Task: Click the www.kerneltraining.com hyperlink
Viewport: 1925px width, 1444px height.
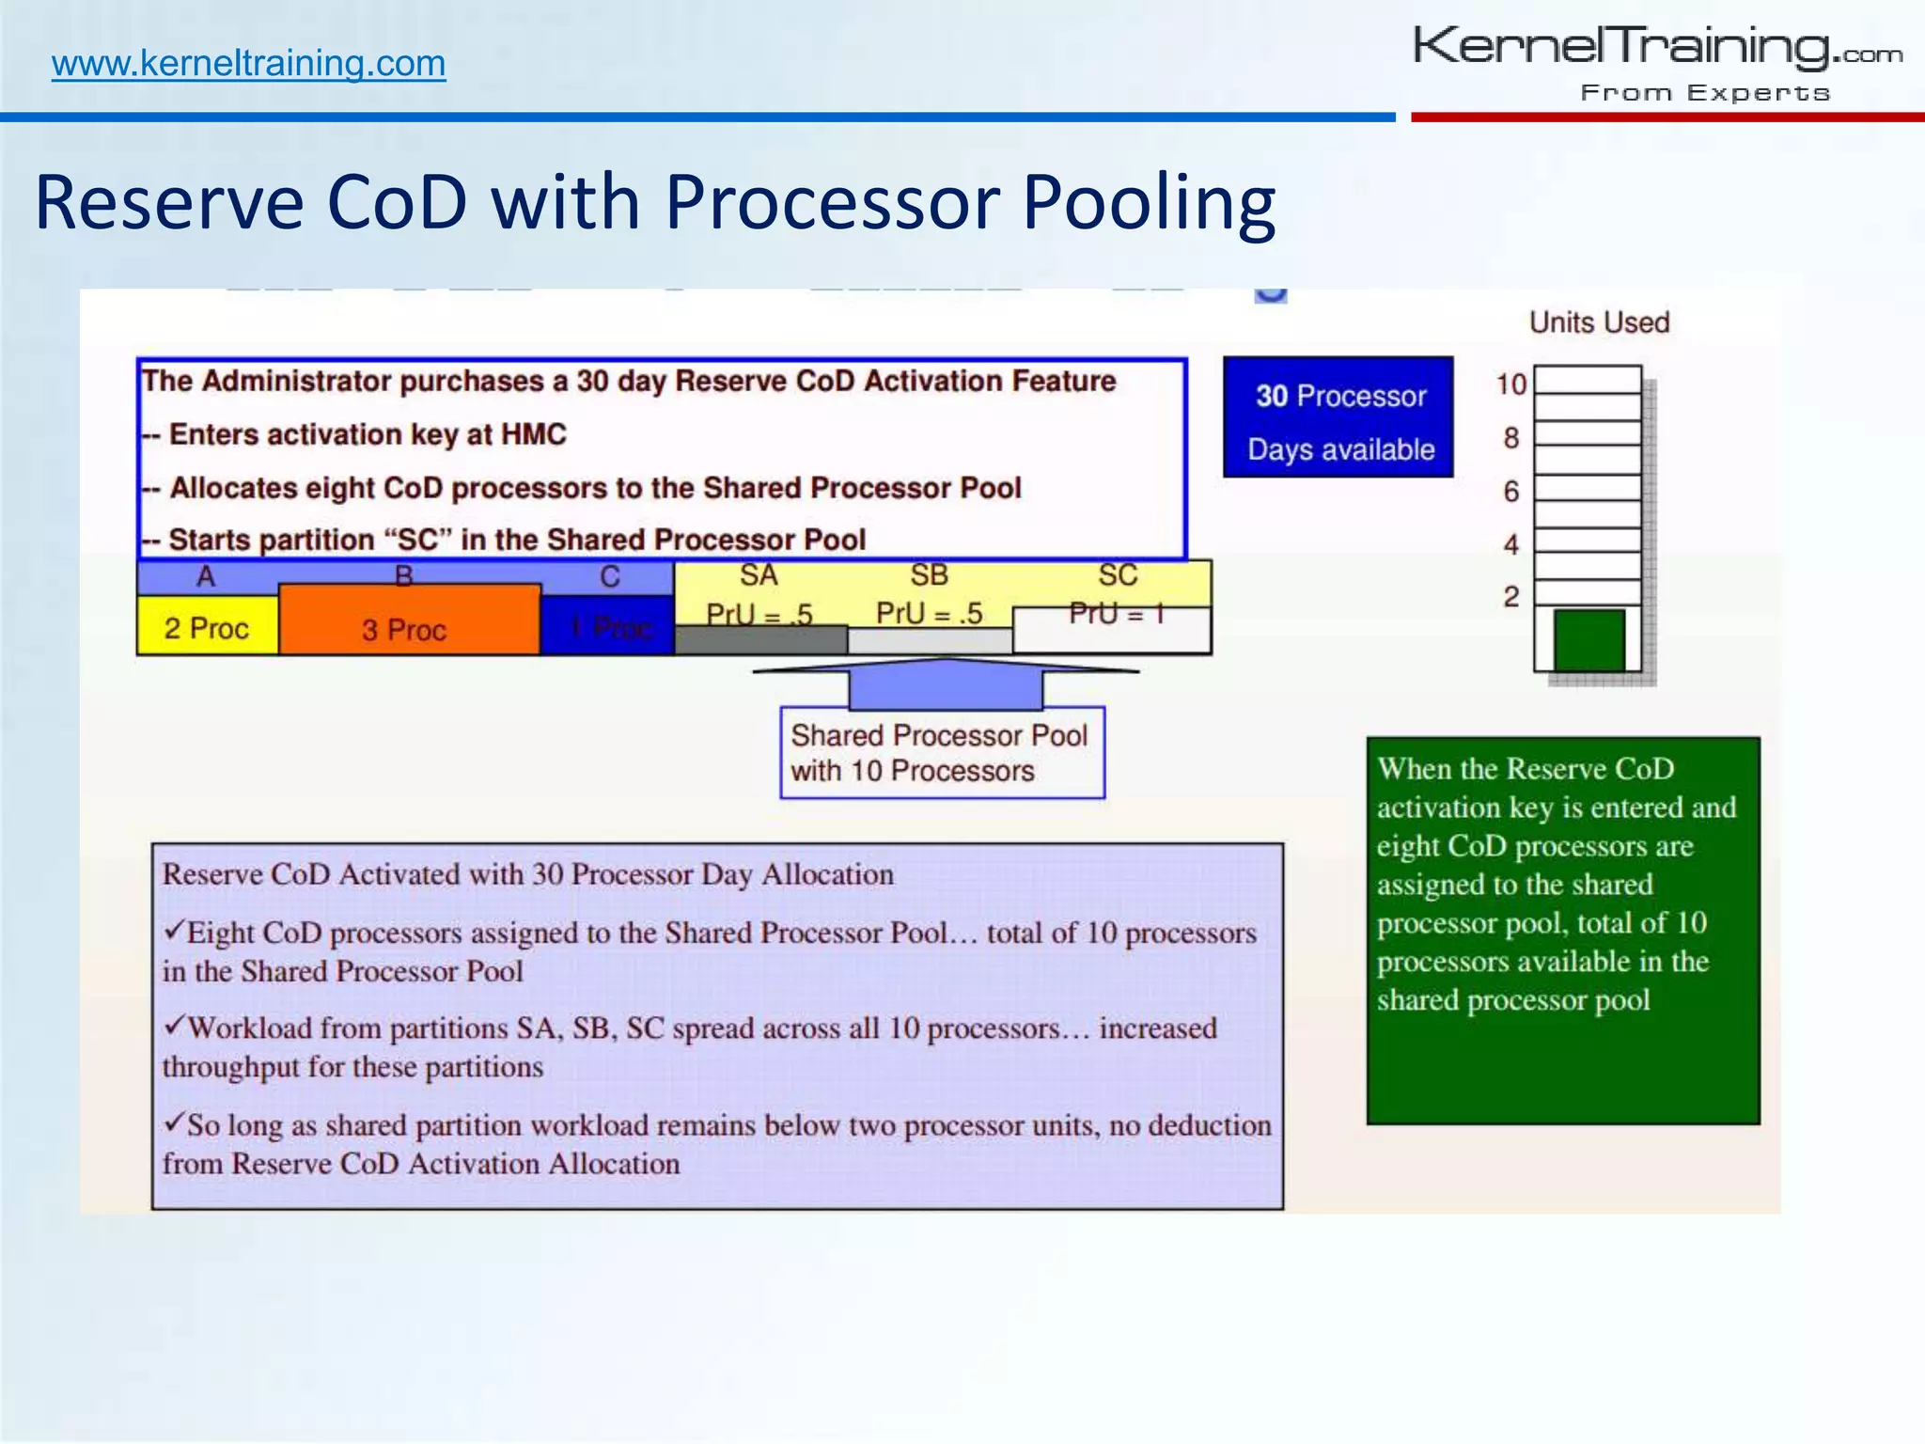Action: pyautogui.click(x=248, y=64)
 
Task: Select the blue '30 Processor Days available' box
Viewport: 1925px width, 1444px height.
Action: pyautogui.click(x=1338, y=417)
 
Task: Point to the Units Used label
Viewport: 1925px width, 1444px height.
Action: pyautogui.click(x=1599, y=322)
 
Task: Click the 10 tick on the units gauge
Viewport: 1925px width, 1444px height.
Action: pyautogui.click(x=1511, y=384)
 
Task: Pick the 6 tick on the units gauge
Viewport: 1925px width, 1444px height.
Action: pyautogui.click(x=1511, y=491)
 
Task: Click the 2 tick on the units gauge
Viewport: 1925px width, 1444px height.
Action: pyautogui.click(x=1511, y=596)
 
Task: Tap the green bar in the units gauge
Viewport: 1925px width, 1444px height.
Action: pyautogui.click(x=1589, y=639)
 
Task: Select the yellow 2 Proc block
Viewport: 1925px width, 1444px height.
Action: pyautogui.click(x=207, y=627)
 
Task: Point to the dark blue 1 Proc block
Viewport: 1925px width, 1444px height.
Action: pyautogui.click(x=609, y=627)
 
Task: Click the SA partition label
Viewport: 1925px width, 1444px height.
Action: pyautogui.click(x=759, y=574)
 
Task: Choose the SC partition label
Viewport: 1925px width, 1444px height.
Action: pyautogui.click(x=1118, y=574)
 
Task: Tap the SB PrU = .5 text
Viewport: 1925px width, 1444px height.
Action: pyautogui.click(x=929, y=613)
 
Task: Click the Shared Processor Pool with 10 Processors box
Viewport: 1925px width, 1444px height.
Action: pyautogui.click(x=942, y=753)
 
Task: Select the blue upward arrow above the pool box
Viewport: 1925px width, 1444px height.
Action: pyautogui.click(x=946, y=683)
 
